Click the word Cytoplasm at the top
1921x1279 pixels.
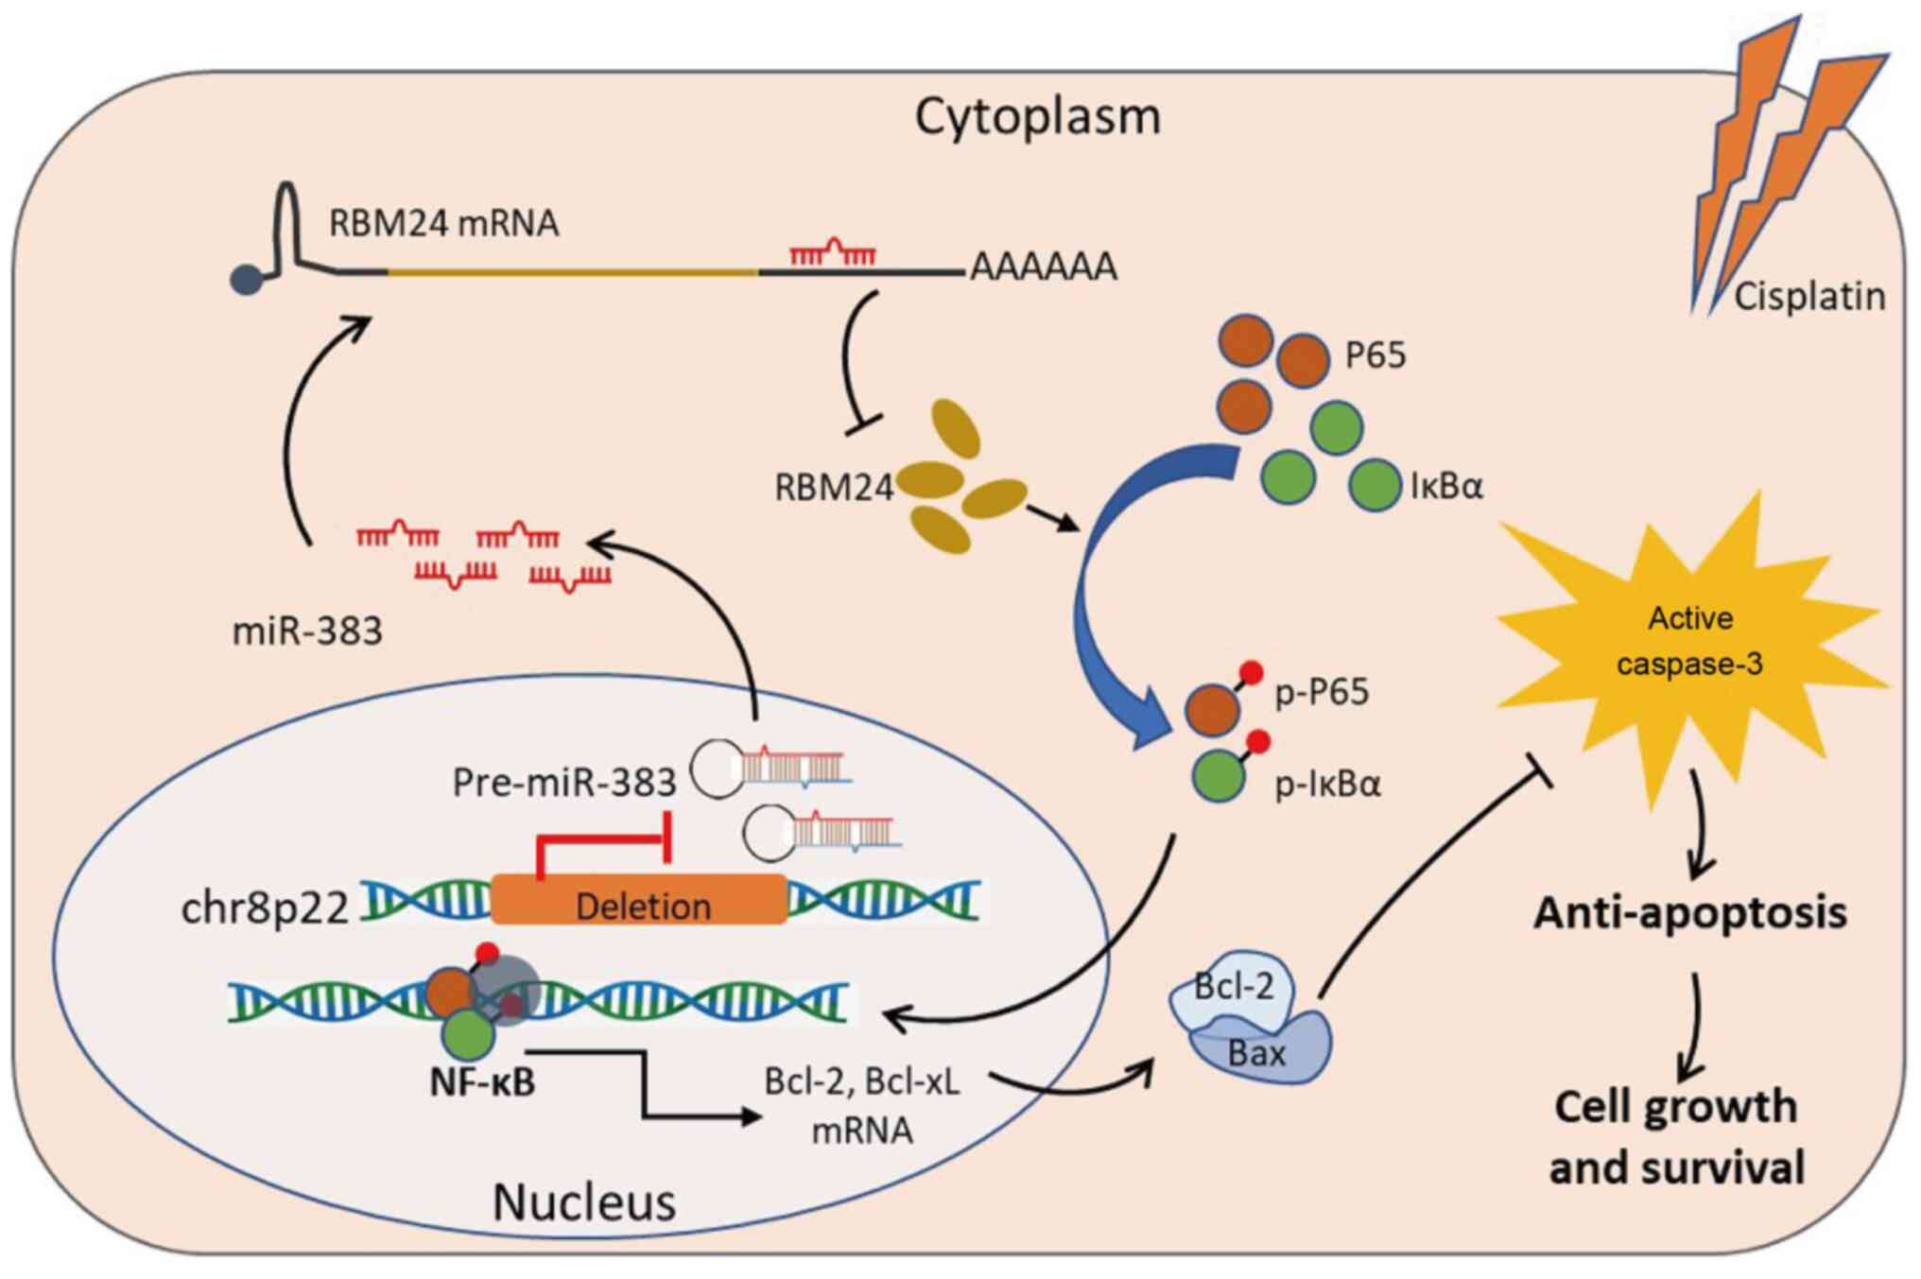click(x=1037, y=117)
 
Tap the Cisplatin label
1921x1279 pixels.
click(x=1809, y=297)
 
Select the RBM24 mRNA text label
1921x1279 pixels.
click(x=443, y=224)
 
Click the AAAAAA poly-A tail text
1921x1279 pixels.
click(x=1044, y=268)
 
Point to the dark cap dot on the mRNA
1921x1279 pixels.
click(x=246, y=280)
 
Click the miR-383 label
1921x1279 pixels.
click(x=307, y=631)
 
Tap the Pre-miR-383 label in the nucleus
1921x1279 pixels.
click(x=564, y=783)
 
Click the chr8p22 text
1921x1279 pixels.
click(x=265, y=907)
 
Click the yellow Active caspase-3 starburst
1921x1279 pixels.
click(x=1688, y=643)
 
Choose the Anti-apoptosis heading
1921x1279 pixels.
click(x=1689, y=913)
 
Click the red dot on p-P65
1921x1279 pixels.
click(x=1251, y=673)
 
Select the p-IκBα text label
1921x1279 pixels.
click(x=1327, y=785)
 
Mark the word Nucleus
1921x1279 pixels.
click(x=584, y=1202)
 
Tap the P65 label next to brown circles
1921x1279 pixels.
click(x=1376, y=355)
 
